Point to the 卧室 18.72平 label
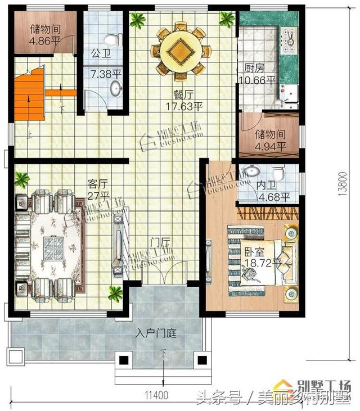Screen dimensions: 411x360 pos(262,257)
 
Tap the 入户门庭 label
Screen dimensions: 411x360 pos(156,333)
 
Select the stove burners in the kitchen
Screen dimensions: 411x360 pos(294,37)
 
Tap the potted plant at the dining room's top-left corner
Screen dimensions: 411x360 pos(137,21)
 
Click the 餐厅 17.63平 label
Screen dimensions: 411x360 pos(183,100)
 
